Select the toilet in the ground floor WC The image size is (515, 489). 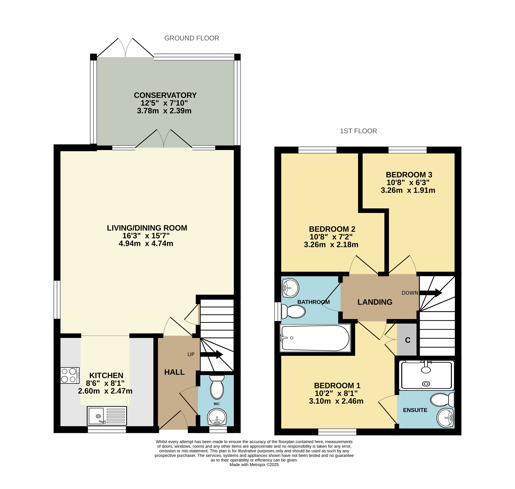(217, 387)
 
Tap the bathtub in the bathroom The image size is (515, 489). (315, 338)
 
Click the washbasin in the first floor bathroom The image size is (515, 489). (290, 288)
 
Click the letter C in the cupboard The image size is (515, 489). (408, 340)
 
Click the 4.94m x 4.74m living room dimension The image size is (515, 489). (146, 243)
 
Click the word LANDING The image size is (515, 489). (375, 302)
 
